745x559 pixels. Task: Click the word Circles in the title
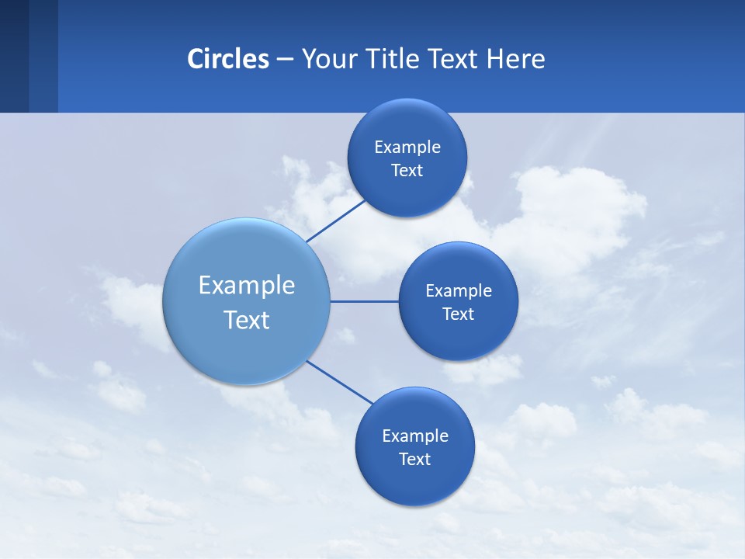[228, 59]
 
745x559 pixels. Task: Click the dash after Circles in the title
[285, 60]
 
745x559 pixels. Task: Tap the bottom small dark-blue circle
[414, 481]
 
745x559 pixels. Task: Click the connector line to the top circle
[335, 220]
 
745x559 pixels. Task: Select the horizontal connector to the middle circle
[364, 301]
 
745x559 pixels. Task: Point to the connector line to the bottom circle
[339, 382]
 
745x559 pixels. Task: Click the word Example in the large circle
[247, 286]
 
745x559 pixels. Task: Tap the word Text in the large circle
[247, 320]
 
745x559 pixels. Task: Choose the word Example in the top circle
[407, 148]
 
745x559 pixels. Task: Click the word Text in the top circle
[407, 171]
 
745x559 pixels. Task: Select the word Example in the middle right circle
[459, 291]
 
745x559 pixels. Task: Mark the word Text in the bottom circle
[414, 460]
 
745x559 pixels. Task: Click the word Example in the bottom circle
[414, 436]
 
